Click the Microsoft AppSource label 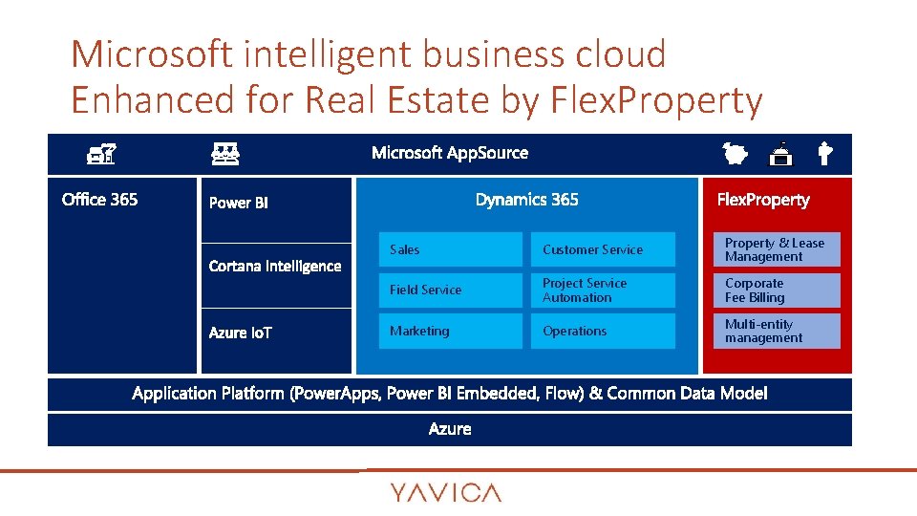click(449, 153)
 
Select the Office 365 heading click(99, 200)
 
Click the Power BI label click(238, 203)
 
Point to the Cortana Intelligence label click(275, 266)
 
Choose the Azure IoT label click(241, 333)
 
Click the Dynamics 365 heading click(526, 200)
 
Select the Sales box click(450, 249)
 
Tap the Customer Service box click(603, 249)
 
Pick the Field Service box click(450, 290)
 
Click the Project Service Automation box click(603, 290)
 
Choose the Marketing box click(450, 331)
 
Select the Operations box click(603, 331)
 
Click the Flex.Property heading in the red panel click(763, 200)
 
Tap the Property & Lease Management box click(776, 249)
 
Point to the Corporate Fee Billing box click(776, 290)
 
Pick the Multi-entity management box click(776, 331)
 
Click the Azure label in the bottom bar click(450, 429)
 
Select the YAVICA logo click(445, 493)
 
